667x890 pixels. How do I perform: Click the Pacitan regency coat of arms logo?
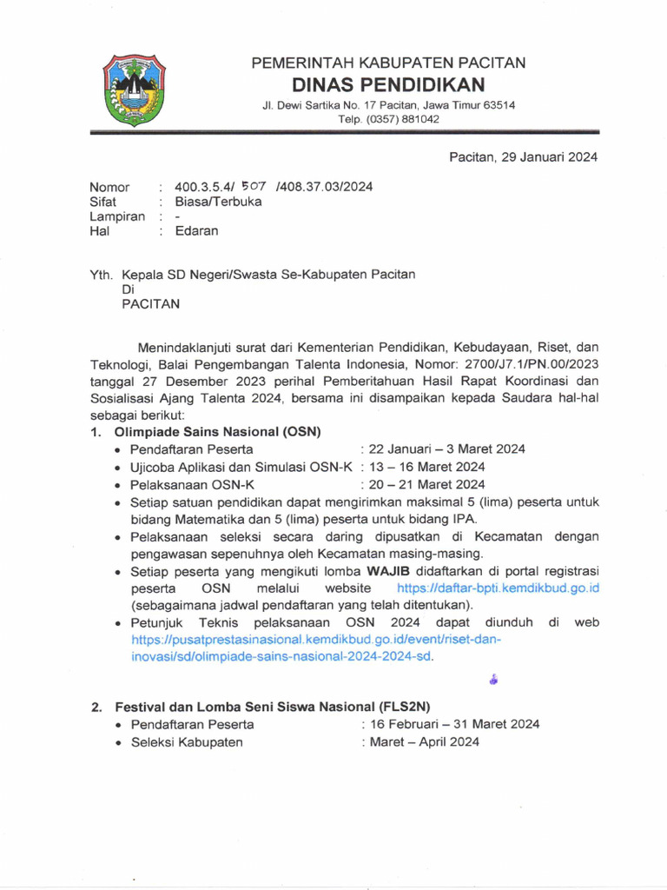point(134,90)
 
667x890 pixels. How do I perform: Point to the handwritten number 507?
point(254,186)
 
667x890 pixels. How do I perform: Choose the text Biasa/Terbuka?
point(218,202)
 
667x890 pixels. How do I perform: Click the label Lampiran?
point(117,216)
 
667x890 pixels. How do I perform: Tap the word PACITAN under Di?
point(150,304)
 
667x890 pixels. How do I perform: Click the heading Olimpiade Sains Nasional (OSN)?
point(218,432)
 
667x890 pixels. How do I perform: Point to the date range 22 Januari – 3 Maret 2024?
point(443,449)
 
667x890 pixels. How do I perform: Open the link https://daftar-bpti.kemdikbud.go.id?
point(498,588)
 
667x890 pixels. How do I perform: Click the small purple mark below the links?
point(493,680)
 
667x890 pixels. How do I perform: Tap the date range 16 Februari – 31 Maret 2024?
point(450,724)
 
